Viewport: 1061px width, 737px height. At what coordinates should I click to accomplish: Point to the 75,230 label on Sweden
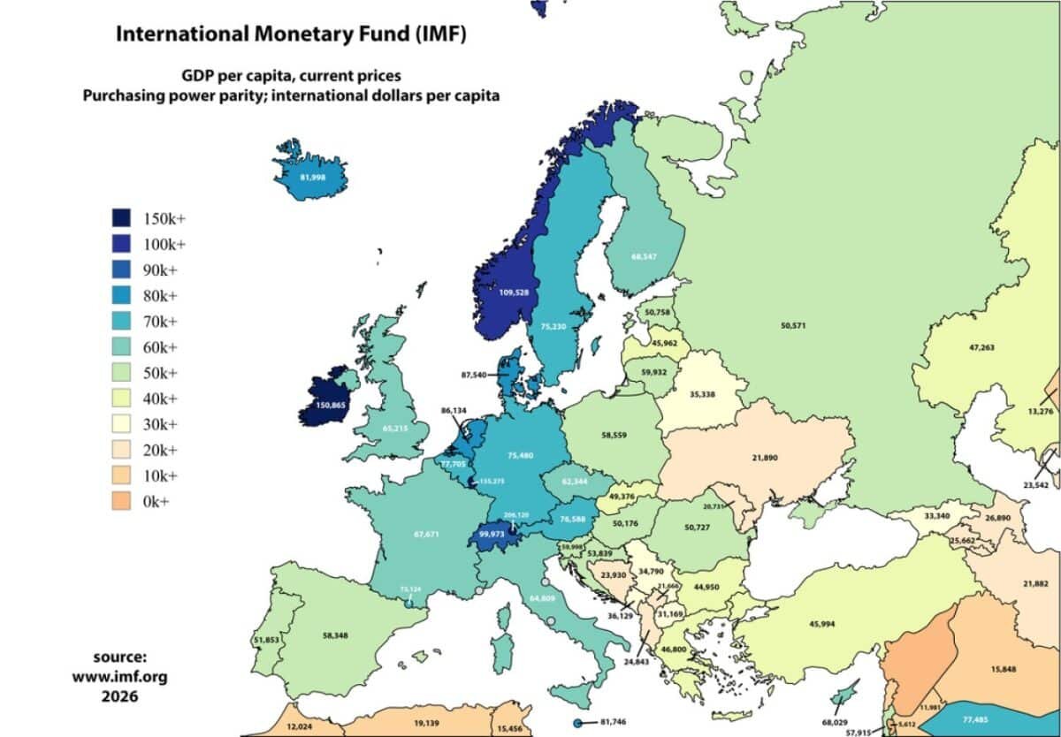(552, 325)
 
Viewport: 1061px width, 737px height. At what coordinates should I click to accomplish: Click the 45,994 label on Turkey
(828, 625)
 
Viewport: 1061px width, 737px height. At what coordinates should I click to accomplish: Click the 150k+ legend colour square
(122, 218)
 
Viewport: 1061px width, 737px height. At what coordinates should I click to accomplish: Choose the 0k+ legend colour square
(122, 501)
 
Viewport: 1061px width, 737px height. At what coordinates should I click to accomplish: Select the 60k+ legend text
(160, 347)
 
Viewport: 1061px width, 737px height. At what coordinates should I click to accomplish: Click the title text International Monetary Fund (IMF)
(291, 35)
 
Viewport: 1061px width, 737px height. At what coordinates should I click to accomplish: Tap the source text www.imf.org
(119, 676)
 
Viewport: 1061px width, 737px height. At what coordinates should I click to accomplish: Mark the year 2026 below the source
(119, 695)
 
